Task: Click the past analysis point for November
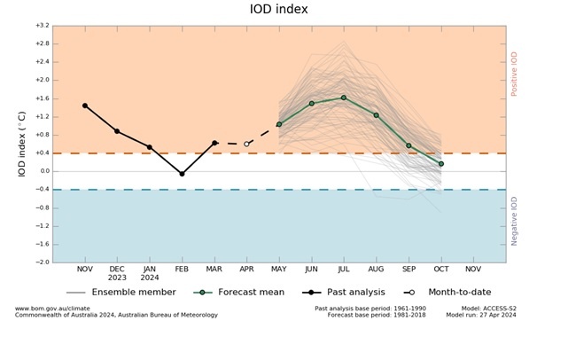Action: pyautogui.click(x=85, y=106)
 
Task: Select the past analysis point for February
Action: pyautogui.click(x=182, y=174)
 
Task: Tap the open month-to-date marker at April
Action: pyautogui.click(x=246, y=144)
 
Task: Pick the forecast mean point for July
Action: pyautogui.click(x=344, y=98)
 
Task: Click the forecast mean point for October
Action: pyautogui.click(x=440, y=164)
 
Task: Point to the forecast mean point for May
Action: pyautogui.click(x=279, y=124)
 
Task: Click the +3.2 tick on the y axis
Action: pyautogui.click(x=42, y=26)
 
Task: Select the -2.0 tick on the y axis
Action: pyautogui.click(x=42, y=262)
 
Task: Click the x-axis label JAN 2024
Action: pyautogui.click(x=150, y=272)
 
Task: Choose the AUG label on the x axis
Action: pyautogui.click(x=376, y=268)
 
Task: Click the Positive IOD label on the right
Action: pyautogui.click(x=514, y=74)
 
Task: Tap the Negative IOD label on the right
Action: pyautogui.click(x=514, y=221)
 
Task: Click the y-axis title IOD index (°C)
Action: pyautogui.click(x=23, y=144)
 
